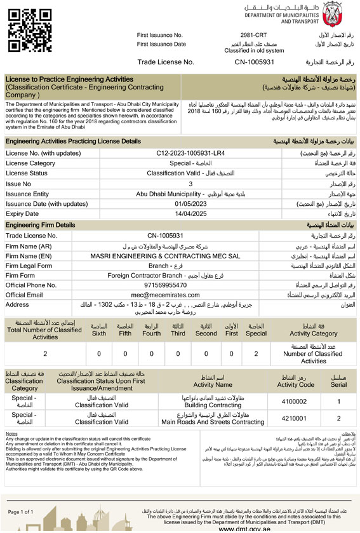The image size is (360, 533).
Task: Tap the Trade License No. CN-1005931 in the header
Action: pos(254,62)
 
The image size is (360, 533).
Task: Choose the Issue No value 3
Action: pos(190,184)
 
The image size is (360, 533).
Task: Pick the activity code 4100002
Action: pos(295,402)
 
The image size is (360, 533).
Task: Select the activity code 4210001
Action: pos(295,417)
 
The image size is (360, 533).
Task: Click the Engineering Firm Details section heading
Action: pos(39,225)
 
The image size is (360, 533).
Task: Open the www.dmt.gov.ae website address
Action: pos(244,529)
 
